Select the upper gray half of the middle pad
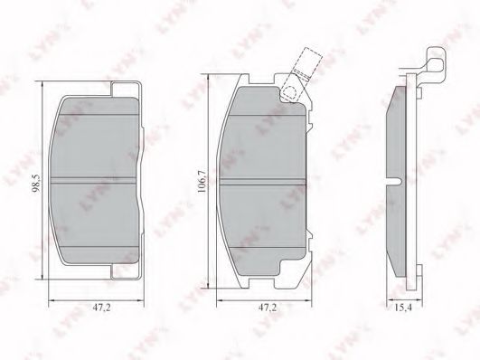(x=268, y=136)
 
